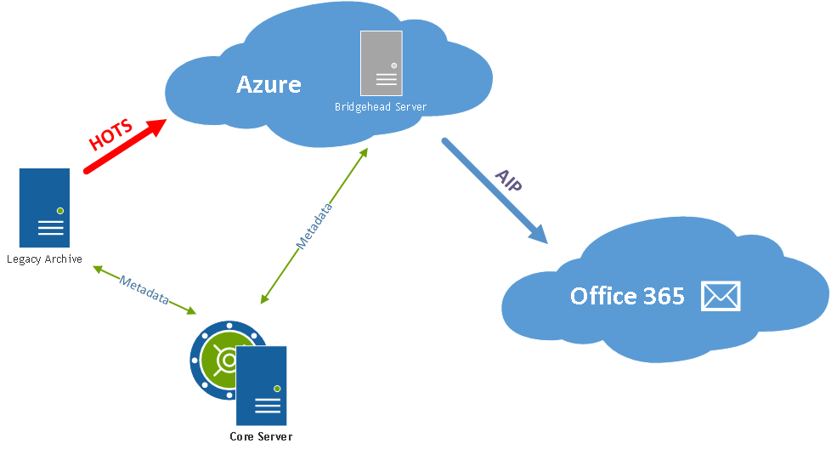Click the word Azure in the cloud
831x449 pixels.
point(269,84)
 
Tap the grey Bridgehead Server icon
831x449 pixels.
point(381,63)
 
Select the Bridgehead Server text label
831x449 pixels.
point(381,107)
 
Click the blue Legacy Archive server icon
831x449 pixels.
point(44,207)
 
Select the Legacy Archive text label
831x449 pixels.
point(44,259)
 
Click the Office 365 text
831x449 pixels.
point(627,296)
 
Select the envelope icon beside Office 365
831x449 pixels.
point(721,296)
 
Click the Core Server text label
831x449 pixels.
point(261,437)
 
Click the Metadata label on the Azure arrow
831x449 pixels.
point(314,225)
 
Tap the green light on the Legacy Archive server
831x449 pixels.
point(59,210)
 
